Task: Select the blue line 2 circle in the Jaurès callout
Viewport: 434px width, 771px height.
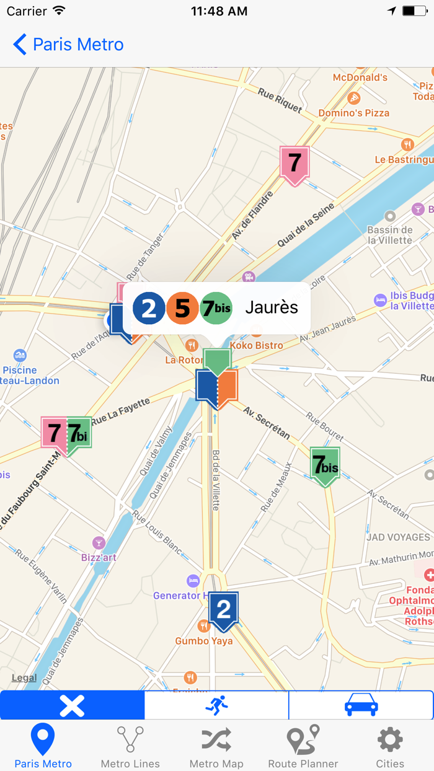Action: click(149, 308)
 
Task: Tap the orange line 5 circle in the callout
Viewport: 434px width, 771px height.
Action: click(182, 308)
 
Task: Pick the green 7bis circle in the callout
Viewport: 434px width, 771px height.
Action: click(216, 308)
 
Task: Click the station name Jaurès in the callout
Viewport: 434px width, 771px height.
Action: click(272, 307)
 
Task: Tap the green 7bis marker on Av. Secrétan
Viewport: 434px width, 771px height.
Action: click(325, 465)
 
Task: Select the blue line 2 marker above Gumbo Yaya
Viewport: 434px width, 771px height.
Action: click(223, 610)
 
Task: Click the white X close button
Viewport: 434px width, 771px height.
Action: click(72, 705)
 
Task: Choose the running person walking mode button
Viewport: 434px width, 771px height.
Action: click(216, 705)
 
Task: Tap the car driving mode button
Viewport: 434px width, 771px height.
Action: click(361, 705)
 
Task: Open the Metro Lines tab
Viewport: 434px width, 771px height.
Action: click(130, 747)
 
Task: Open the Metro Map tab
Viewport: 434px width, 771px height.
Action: click(216, 747)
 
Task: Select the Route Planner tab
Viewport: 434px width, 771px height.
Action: click(303, 747)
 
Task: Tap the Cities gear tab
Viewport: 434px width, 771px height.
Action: click(390, 747)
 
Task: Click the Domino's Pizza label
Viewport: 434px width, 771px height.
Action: click(353, 113)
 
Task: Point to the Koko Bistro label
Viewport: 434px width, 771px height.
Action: click(256, 345)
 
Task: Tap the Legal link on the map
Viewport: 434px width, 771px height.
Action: click(24, 677)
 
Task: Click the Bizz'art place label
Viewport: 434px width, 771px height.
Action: click(99, 557)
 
